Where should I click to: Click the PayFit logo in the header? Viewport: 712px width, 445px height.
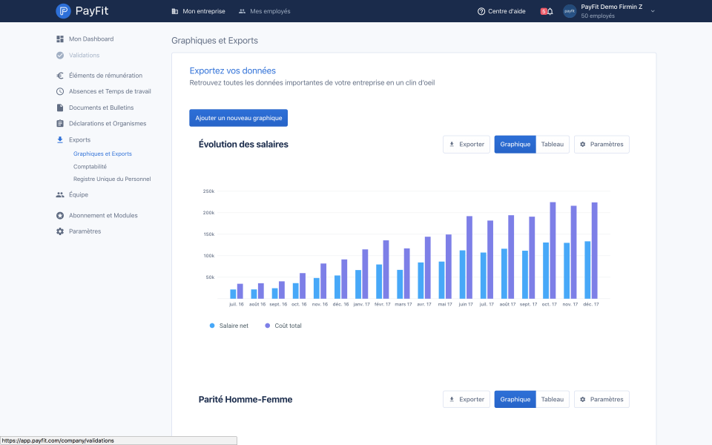click(82, 11)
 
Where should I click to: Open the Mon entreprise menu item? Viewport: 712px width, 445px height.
click(199, 11)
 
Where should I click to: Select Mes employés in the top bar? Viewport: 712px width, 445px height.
click(265, 11)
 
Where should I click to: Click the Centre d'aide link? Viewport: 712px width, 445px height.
click(501, 11)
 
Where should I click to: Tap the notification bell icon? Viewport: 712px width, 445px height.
click(550, 11)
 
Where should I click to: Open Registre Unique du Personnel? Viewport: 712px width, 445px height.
click(112, 179)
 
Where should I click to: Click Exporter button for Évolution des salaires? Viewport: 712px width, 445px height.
click(467, 145)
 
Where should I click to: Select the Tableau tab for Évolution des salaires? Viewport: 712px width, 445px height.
click(552, 145)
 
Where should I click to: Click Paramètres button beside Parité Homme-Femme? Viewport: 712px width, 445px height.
click(601, 400)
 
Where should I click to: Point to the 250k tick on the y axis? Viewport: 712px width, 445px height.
click(209, 191)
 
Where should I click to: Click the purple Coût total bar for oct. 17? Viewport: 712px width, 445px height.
click(553, 251)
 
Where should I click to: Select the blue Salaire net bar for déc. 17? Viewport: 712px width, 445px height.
click(587, 270)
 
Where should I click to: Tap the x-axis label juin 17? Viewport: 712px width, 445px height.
click(466, 304)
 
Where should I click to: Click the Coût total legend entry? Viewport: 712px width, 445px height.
click(283, 326)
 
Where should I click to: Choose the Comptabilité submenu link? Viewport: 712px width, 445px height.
click(90, 167)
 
